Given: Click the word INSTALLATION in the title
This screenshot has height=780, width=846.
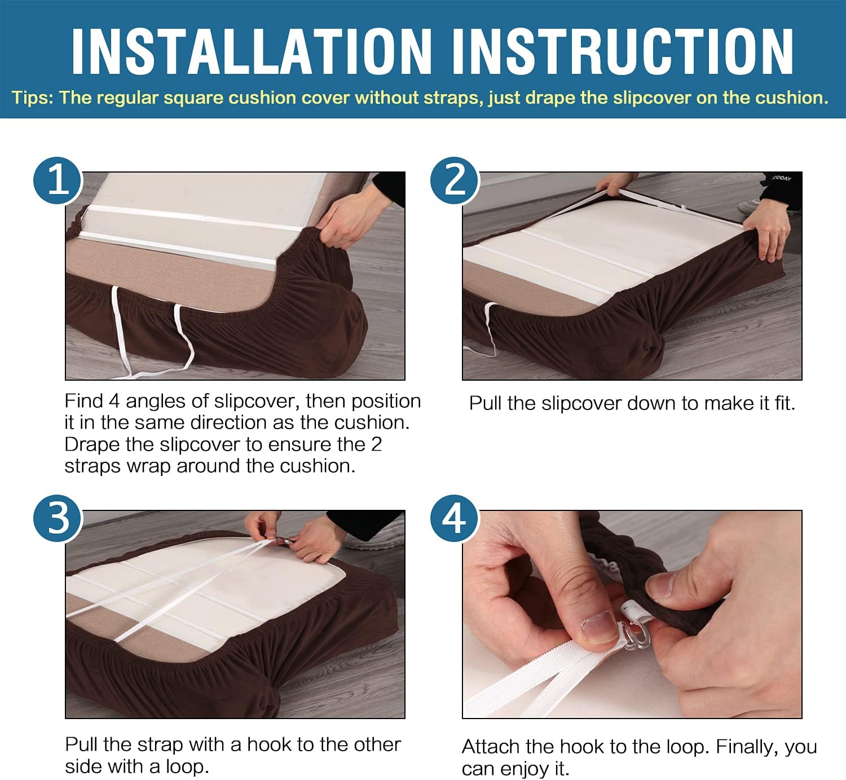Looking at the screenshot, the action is [x=252, y=51].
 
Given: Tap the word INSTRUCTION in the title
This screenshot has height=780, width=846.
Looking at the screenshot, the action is [x=623, y=51].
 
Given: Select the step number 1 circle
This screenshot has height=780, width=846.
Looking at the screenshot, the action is [x=58, y=180].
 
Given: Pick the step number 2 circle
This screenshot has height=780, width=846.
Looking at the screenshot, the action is [x=455, y=180].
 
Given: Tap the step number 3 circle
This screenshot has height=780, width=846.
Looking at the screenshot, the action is [x=58, y=518].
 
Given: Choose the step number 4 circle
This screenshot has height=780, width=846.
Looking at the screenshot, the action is [x=455, y=518].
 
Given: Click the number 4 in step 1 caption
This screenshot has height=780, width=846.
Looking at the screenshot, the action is [x=114, y=402].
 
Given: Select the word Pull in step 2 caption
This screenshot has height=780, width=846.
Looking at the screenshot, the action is [x=485, y=403].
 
